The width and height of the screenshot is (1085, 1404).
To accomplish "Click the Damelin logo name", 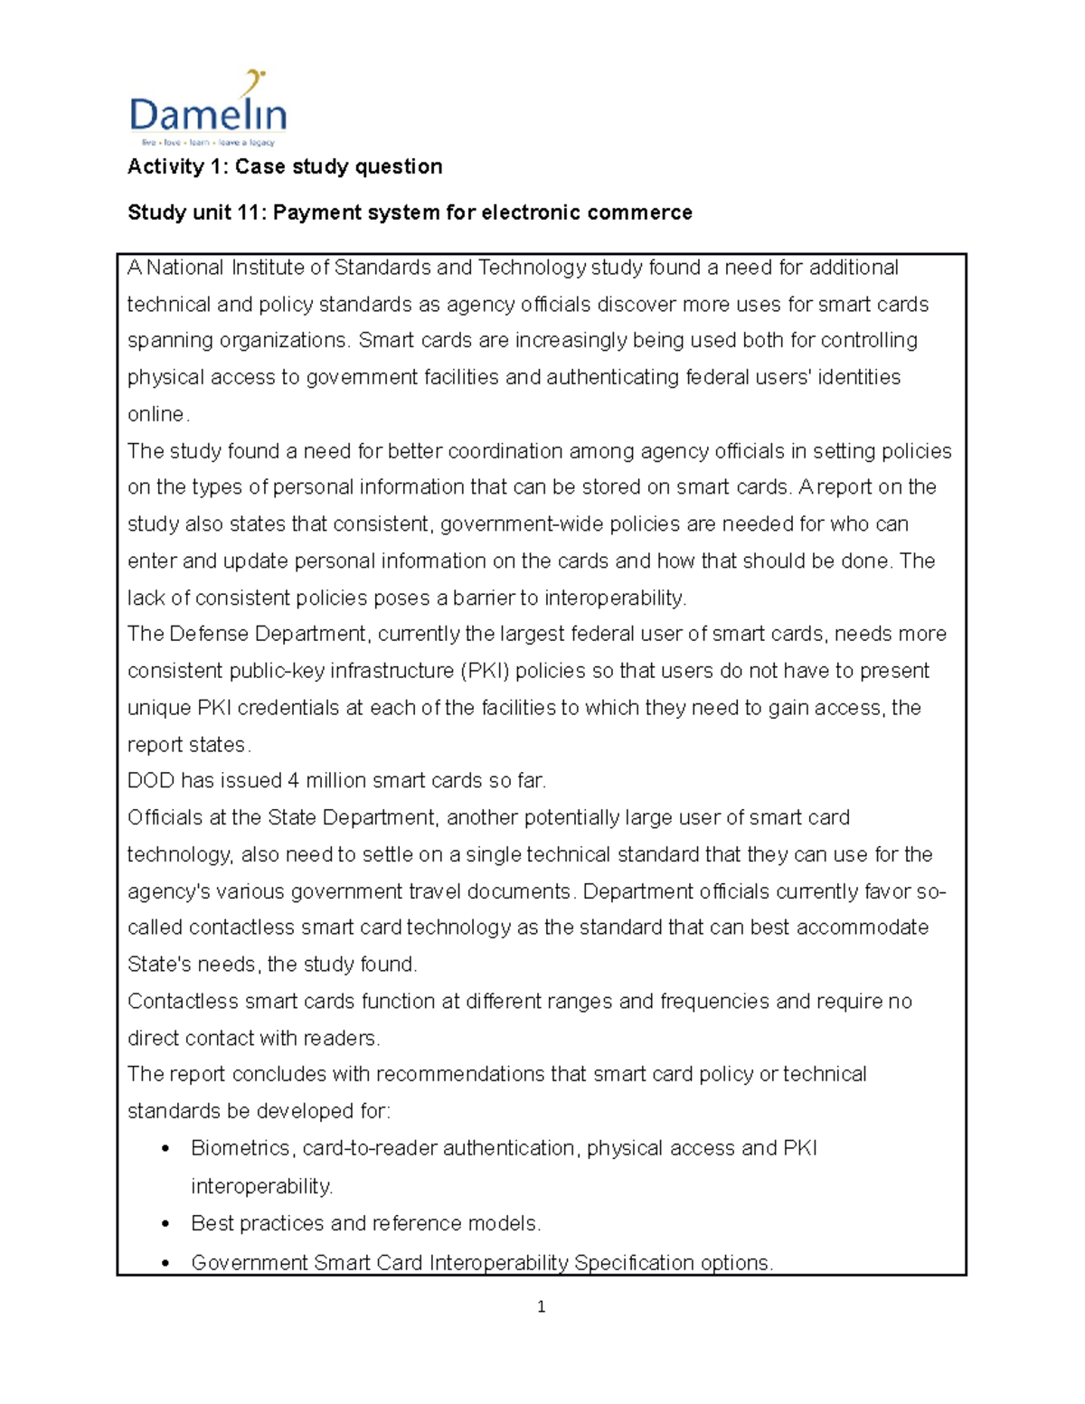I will click(x=208, y=116).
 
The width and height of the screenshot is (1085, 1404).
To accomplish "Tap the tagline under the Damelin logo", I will click(x=208, y=143).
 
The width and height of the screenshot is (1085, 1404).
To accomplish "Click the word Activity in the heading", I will click(x=165, y=166).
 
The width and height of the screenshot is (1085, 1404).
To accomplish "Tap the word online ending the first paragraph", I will click(x=156, y=414).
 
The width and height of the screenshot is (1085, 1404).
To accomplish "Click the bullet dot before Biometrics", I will click(x=165, y=1149).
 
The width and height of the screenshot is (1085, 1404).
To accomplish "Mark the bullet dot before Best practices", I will click(x=165, y=1224).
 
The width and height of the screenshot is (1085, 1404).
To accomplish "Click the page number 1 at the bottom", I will click(x=541, y=1306).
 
